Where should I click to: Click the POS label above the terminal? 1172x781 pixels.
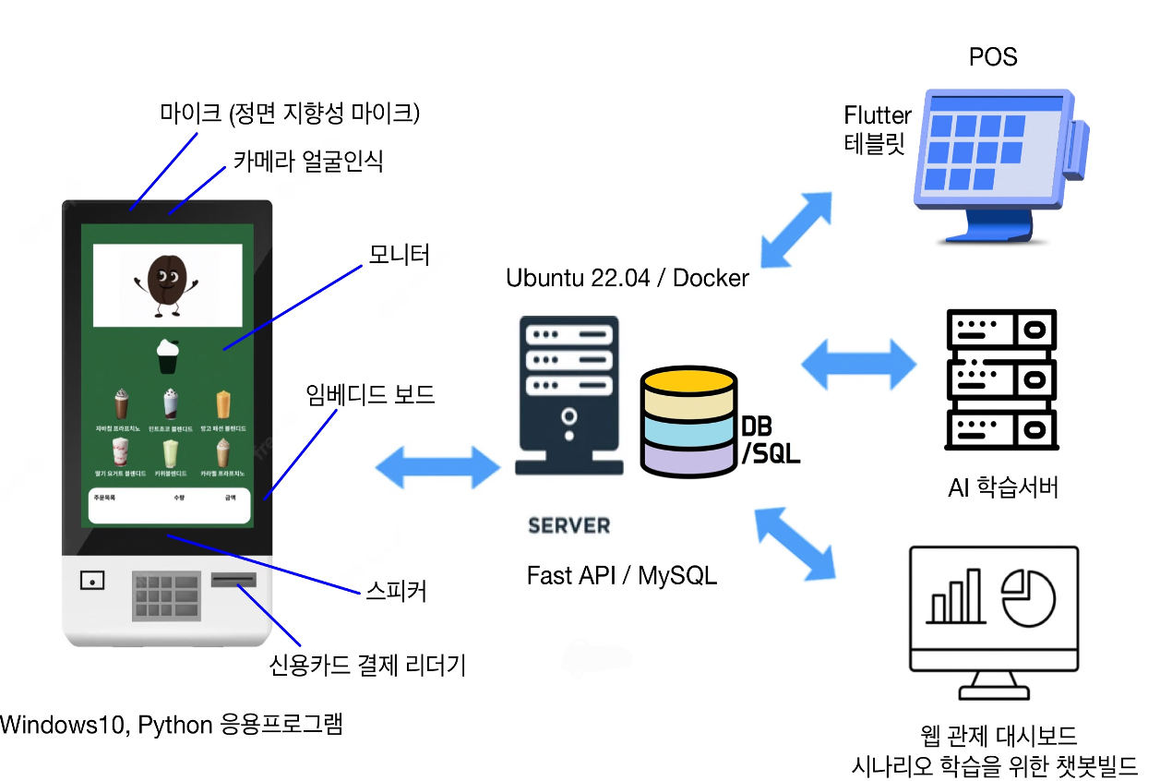point(993,57)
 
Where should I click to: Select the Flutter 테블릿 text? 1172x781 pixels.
point(877,129)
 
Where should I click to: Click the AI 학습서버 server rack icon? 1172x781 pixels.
point(1001,379)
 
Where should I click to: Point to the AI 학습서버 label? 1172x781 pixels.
point(1002,487)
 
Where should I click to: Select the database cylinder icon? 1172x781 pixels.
point(688,422)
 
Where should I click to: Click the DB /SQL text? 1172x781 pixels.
point(771,439)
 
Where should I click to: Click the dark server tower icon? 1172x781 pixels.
point(568,396)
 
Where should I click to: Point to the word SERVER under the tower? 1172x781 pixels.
point(568,526)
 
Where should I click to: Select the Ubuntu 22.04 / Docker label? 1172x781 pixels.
point(628,278)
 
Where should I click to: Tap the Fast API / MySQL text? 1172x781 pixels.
point(621,575)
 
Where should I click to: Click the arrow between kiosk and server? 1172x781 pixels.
point(437,466)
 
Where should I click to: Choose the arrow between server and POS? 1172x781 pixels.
point(796,229)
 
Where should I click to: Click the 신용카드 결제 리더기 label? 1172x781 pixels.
point(366,665)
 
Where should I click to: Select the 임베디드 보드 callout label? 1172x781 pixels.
point(369,395)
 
